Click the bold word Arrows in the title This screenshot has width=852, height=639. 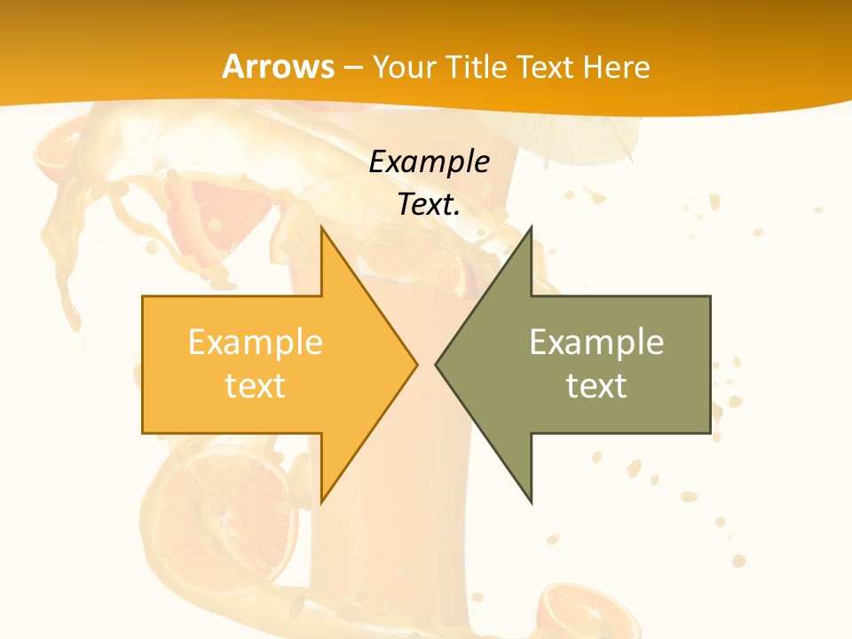278,67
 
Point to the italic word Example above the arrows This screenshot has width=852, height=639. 429,162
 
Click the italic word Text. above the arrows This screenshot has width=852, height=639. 429,204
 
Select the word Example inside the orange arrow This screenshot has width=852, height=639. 256,342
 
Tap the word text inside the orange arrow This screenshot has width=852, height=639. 256,385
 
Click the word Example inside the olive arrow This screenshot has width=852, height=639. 596,342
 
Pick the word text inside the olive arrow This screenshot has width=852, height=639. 596,385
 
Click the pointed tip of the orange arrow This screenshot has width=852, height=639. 416,364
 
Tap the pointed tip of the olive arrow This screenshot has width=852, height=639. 436,364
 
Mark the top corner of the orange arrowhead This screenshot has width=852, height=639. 321,227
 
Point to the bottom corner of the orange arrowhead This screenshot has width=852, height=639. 321,502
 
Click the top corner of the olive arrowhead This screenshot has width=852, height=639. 531,227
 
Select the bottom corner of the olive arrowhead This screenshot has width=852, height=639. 531,502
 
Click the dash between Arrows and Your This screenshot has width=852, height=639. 353,67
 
